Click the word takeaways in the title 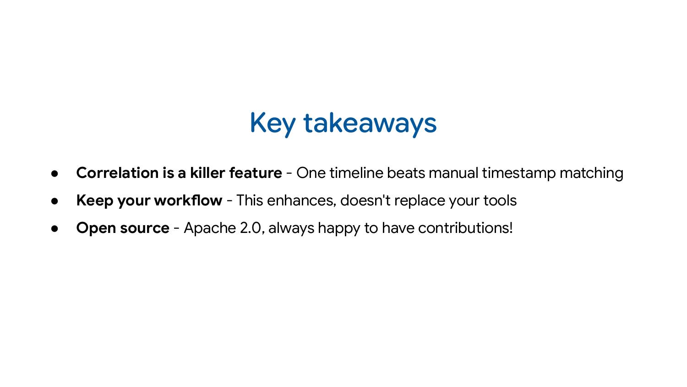[370, 123]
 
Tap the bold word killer [207, 173]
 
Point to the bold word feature [255, 173]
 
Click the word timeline [356, 173]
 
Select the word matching [591, 173]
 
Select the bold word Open [96, 228]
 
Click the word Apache [210, 228]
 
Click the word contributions [465, 228]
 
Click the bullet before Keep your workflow [55, 201]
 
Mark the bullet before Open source [55, 228]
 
